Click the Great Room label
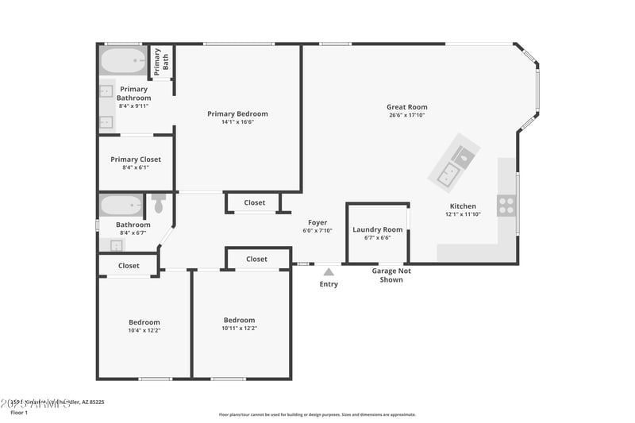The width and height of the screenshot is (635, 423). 406,107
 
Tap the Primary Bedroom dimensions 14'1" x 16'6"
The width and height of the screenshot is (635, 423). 237,122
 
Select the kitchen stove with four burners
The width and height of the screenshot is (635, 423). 506,206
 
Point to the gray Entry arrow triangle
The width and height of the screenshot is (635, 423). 329,272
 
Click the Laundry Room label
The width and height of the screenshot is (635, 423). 377,229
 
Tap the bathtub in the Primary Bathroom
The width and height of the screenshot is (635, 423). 124,60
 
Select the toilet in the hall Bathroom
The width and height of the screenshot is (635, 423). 158,205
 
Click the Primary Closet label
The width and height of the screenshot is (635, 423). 136,160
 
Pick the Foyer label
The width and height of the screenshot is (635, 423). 317,222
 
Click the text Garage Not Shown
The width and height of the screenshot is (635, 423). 391,275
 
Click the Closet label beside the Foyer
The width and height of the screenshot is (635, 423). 255,202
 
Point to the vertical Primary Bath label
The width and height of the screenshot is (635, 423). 161,60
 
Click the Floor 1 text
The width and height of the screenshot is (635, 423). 18,413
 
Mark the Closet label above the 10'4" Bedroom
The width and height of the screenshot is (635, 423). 129,266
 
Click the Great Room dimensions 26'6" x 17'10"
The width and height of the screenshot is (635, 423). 406,115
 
